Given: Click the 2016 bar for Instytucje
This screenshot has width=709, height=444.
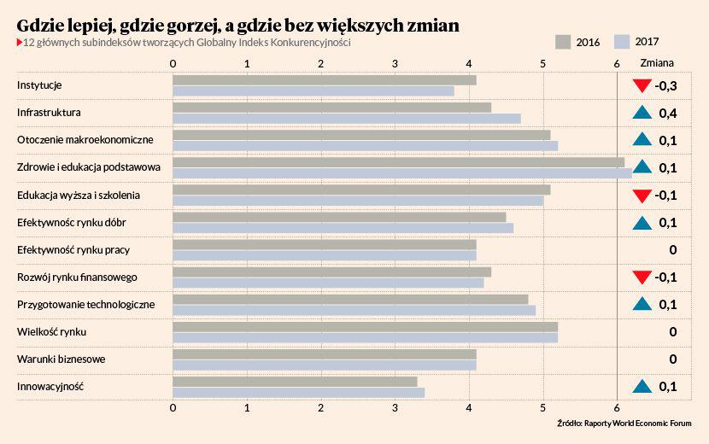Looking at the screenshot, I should tap(325, 80).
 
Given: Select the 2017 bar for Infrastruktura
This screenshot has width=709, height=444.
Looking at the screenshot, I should tap(346, 119).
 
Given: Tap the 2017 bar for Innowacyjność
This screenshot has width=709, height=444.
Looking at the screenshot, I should tap(298, 393).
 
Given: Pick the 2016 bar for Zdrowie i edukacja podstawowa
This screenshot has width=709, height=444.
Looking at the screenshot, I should tap(398, 162).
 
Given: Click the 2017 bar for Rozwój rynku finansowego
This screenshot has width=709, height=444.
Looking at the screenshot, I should tap(328, 283).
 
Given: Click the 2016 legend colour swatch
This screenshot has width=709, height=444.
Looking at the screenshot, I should tap(563, 41).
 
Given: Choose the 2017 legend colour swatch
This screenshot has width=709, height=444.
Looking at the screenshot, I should tap(622, 41).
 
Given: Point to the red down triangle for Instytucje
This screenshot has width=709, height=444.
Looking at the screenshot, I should tap(642, 85).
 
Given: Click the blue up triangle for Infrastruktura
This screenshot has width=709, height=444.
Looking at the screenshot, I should tap(642, 113).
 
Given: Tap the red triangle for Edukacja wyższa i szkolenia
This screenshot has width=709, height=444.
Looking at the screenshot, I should tap(642, 196).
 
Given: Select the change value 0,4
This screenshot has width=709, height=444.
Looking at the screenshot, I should tap(667, 113).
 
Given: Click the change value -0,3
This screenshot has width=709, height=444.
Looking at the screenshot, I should tap(665, 85).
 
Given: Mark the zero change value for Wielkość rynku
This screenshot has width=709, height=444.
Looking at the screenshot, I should tap(673, 332).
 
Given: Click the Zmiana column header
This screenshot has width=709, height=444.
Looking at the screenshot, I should tap(657, 63).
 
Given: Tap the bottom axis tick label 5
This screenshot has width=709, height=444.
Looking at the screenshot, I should tap(543, 408).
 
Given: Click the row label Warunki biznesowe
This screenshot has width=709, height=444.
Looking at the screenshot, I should tap(61, 359).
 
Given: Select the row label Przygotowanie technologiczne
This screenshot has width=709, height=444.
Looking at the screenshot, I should tap(85, 305).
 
